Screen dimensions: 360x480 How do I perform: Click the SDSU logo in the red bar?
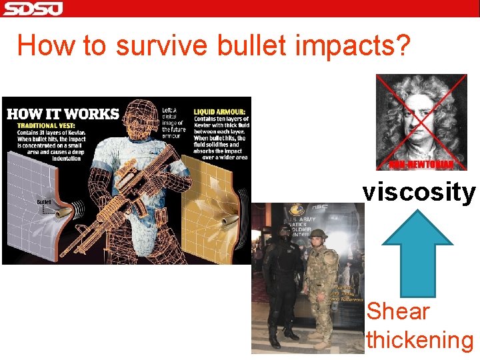coord(32,9)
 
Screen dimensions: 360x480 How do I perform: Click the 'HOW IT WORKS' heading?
coord(63,113)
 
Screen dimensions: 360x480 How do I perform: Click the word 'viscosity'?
coord(419,192)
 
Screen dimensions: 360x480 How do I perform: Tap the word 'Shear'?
coord(398,311)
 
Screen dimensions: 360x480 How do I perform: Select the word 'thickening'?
coord(419,340)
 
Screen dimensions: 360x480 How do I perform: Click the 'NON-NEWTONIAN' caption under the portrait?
coord(422,164)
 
